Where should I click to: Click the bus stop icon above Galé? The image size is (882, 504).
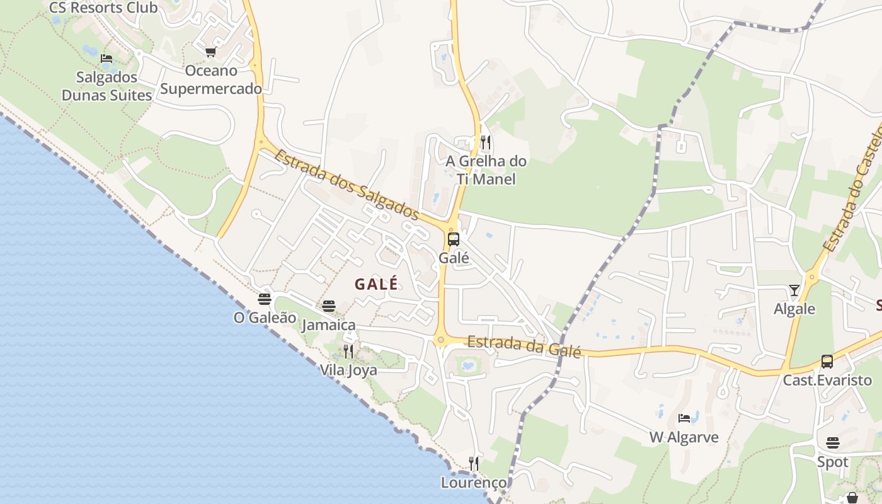453,239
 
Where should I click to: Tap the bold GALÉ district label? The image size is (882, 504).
376,284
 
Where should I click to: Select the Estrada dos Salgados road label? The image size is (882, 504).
346,185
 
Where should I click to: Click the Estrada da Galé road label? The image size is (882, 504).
524,346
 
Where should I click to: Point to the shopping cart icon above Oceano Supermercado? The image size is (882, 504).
210,52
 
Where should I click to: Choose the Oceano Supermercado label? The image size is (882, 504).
210,79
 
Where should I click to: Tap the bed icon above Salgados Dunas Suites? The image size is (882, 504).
106,59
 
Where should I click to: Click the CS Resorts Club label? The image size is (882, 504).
103,8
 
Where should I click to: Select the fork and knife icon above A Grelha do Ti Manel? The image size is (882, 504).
485,142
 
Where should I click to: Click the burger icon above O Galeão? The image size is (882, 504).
265,299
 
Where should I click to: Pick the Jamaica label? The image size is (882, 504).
328,325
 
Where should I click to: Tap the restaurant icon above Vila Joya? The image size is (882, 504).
348,352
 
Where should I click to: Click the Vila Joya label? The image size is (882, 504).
348,370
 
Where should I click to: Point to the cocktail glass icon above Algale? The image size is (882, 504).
794,290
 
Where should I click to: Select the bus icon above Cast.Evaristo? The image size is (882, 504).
827,362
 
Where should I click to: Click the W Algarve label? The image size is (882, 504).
684,437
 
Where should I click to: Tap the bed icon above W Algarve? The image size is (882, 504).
684,418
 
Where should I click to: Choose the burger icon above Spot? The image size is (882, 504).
832,443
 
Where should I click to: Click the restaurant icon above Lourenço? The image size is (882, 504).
474,464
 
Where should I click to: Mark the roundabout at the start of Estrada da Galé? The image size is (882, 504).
440,341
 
